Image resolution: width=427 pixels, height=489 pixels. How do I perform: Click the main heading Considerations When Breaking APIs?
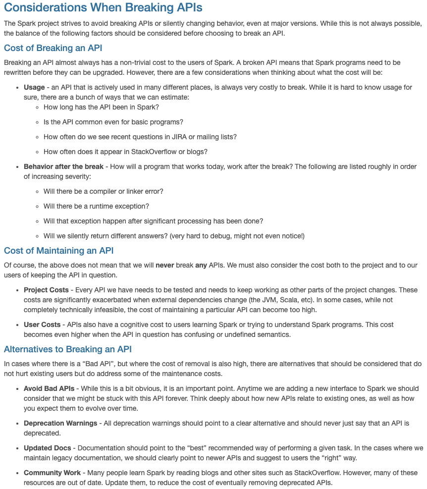(103, 8)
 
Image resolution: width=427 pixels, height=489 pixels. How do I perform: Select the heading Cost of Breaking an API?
(53, 48)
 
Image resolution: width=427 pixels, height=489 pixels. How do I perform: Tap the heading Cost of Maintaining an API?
(58, 251)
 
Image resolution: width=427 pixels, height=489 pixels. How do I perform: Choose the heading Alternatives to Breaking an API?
(67, 349)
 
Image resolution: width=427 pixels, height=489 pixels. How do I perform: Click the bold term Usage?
(34, 87)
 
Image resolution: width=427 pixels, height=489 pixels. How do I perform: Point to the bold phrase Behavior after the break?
(63, 166)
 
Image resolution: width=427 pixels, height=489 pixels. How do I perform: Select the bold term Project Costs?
(46, 290)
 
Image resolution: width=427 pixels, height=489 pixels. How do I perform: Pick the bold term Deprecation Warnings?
(60, 423)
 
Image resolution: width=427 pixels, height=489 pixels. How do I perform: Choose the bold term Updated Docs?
(48, 448)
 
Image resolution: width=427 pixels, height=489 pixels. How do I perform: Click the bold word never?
(165, 265)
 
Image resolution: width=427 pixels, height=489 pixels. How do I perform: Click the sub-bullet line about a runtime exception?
(96, 206)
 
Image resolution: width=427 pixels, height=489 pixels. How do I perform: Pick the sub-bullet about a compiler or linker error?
(103, 191)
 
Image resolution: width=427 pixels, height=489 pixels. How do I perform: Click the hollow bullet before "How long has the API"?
(38, 107)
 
